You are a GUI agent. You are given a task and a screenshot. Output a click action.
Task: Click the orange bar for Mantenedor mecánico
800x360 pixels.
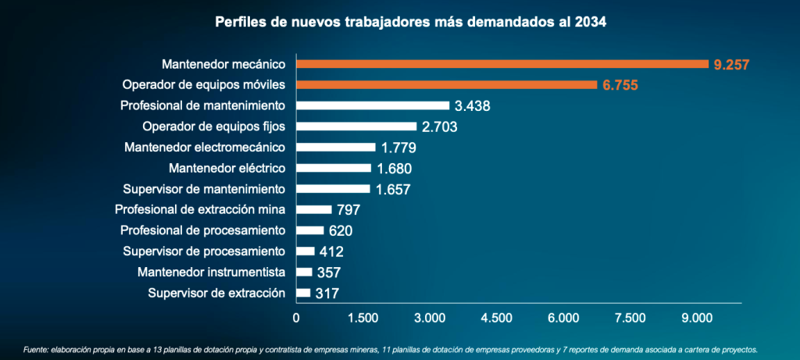pyautogui.click(x=502, y=64)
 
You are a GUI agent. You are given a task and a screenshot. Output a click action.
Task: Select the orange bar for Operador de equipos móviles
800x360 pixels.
pyautogui.click(x=446, y=84)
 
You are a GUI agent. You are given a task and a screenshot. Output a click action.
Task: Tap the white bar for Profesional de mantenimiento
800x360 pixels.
pyautogui.click(x=373, y=105)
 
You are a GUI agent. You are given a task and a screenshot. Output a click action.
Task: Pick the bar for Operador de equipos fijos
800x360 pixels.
pyautogui.click(x=356, y=127)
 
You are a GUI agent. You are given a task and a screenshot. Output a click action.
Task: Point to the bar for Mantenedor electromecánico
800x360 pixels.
pyautogui.click(x=336, y=147)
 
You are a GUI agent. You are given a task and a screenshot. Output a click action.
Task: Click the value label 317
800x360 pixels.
pyautogui.click(x=328, y=294)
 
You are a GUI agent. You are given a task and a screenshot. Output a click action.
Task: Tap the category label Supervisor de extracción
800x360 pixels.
pyautogui.click(x=216, y=293)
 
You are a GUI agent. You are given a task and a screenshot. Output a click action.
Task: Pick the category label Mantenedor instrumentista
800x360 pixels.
pyautogui.click(x=211, y=272)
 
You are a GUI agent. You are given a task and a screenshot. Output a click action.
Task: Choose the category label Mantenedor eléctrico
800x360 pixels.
pyautogui.click(x=227, y=168)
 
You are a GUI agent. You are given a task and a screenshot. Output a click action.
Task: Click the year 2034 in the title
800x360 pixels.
pyautogui.click(x=590, y=23)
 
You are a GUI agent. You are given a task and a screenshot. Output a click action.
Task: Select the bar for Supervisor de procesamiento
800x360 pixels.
pyautogui.click(x=305, y=251)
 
